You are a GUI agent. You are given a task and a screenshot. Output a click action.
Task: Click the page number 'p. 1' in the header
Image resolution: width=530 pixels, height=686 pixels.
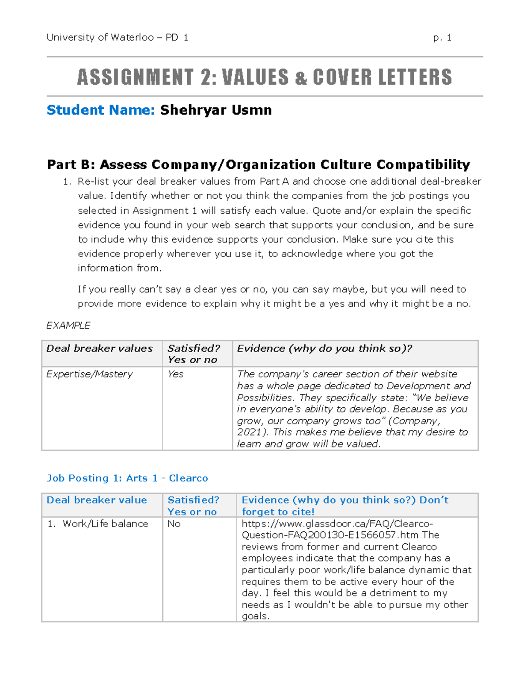click(442, 38)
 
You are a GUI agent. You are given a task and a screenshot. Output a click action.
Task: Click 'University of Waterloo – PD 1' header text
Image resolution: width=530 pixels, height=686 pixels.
click(117, 38)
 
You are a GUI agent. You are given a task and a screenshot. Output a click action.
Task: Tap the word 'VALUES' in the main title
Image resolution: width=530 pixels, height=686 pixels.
click(255, 77)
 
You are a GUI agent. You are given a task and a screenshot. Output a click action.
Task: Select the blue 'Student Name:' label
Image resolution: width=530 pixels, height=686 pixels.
click(101, 110)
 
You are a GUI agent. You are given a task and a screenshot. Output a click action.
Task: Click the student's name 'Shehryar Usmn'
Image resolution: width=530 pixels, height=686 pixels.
click(216, 110)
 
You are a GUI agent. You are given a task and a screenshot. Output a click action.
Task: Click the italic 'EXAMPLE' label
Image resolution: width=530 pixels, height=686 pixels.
click(68, 326)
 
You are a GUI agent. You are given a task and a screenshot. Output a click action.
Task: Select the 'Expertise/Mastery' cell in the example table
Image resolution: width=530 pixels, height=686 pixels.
click(89, 374)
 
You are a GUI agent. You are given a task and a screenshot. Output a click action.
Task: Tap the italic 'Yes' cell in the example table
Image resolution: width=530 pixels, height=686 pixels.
click(175, 374)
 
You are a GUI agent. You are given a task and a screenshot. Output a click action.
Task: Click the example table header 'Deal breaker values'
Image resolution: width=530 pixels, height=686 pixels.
click(99, 349)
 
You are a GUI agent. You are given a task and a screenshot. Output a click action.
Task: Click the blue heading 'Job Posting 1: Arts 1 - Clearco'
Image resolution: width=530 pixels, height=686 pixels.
click(127, 478)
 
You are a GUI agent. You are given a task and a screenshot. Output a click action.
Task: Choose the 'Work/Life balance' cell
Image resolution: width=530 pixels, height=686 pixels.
click(105, 524)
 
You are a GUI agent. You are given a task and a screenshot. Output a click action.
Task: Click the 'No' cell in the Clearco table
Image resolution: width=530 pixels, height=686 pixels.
click(174, 524)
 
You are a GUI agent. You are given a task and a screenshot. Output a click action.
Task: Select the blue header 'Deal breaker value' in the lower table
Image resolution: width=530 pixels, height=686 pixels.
click(97, 500)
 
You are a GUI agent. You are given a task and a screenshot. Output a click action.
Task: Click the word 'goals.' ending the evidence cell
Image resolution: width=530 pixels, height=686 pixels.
click(255, 616)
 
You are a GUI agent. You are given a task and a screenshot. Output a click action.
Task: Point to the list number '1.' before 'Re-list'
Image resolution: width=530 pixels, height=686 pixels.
click(67, 182)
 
